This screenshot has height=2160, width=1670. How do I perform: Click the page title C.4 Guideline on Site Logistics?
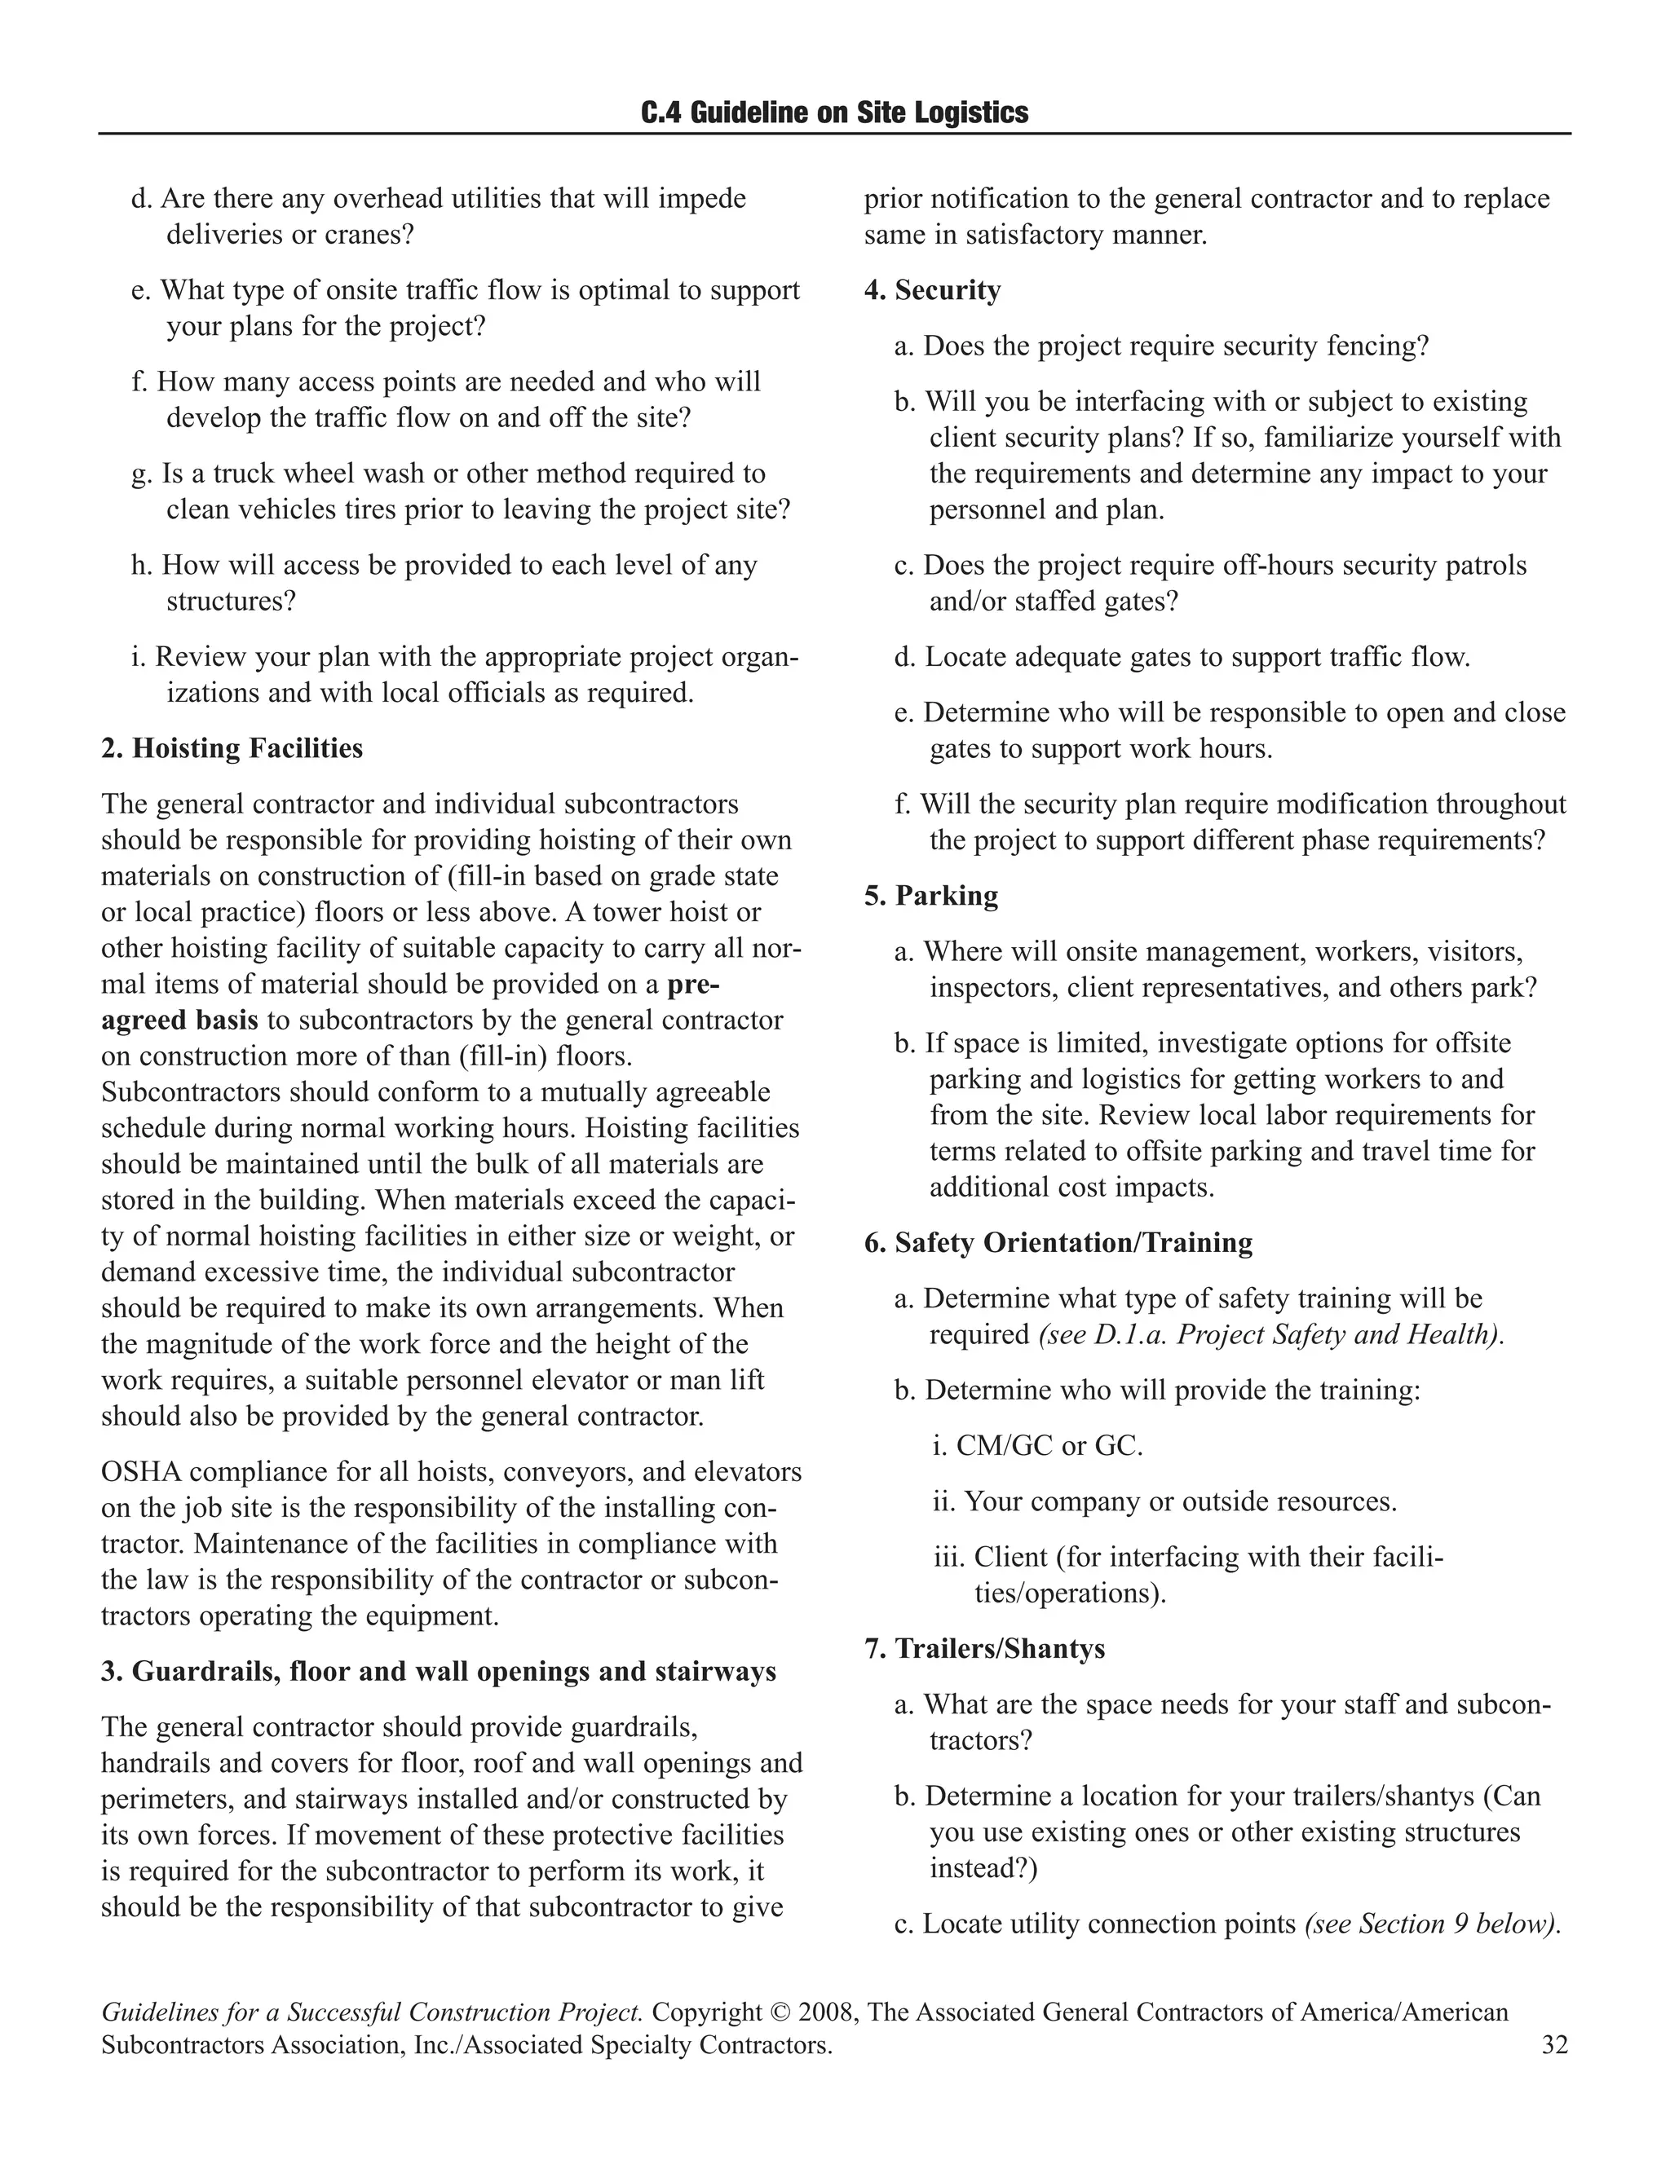[x=834, y=112]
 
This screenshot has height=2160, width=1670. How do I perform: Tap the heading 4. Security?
[x=932, y=290]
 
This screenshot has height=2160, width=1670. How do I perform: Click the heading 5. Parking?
[x=931, y=895]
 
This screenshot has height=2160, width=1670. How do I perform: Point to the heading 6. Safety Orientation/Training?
[x=1058, y=1242]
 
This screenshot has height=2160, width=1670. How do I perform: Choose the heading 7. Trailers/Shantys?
[x=984, y=1649]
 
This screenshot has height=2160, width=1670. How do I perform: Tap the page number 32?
[x=1554, y=2044]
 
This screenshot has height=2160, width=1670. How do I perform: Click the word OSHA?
[x=140, y=1471]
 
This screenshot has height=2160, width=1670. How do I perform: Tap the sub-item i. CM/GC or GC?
[x=1037, y=1446]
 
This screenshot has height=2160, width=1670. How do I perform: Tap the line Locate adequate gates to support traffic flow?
[x=1182, y=657]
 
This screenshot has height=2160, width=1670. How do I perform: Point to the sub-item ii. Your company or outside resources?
[x=1164, y=1501]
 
